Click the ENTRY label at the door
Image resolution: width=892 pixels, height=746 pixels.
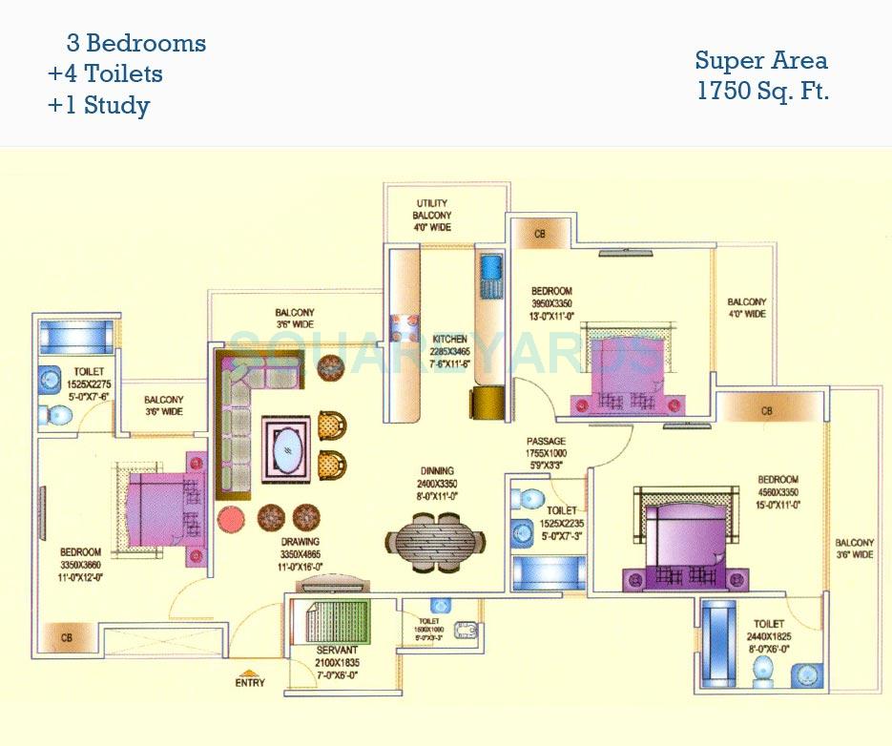(x=250, y=683)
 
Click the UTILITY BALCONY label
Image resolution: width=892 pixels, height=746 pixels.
(x=431, y=216)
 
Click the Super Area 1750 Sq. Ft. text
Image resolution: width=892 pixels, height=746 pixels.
(x=760, y=76)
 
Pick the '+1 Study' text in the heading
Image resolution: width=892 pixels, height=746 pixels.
(x=98, y=105)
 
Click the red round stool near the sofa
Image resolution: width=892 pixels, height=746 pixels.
(x=232, y=519)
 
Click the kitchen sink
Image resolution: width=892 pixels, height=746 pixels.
(x=491, y=273)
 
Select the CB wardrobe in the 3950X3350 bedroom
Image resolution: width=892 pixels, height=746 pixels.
(x=540, y=234)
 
